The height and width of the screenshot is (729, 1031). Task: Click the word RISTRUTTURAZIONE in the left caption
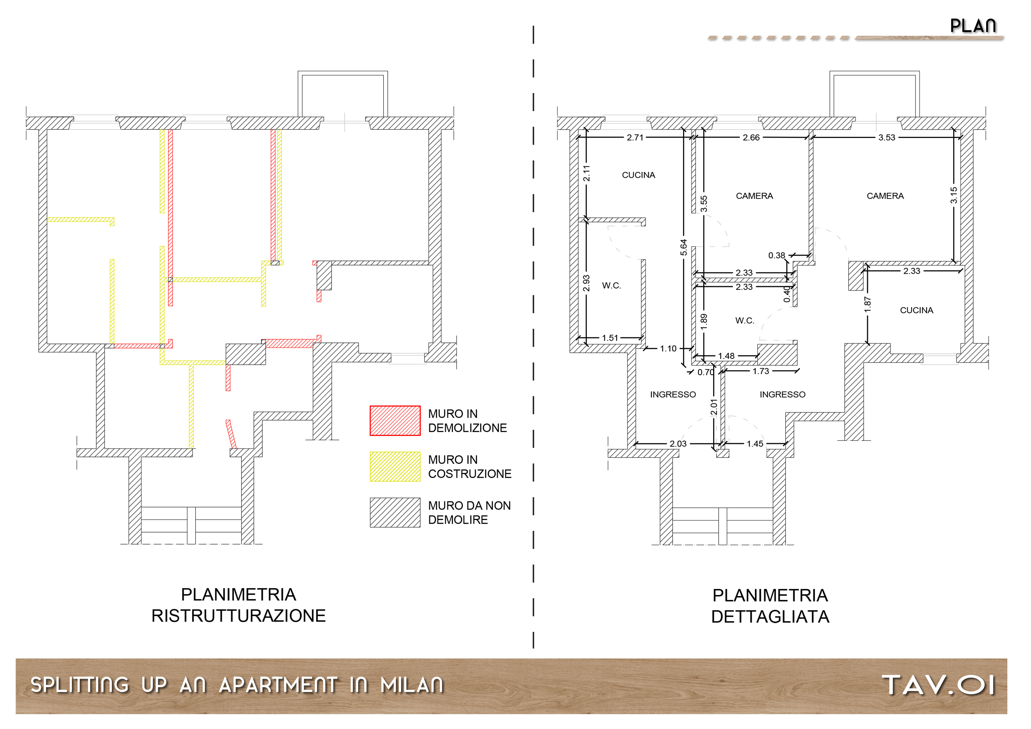[238, 616]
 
